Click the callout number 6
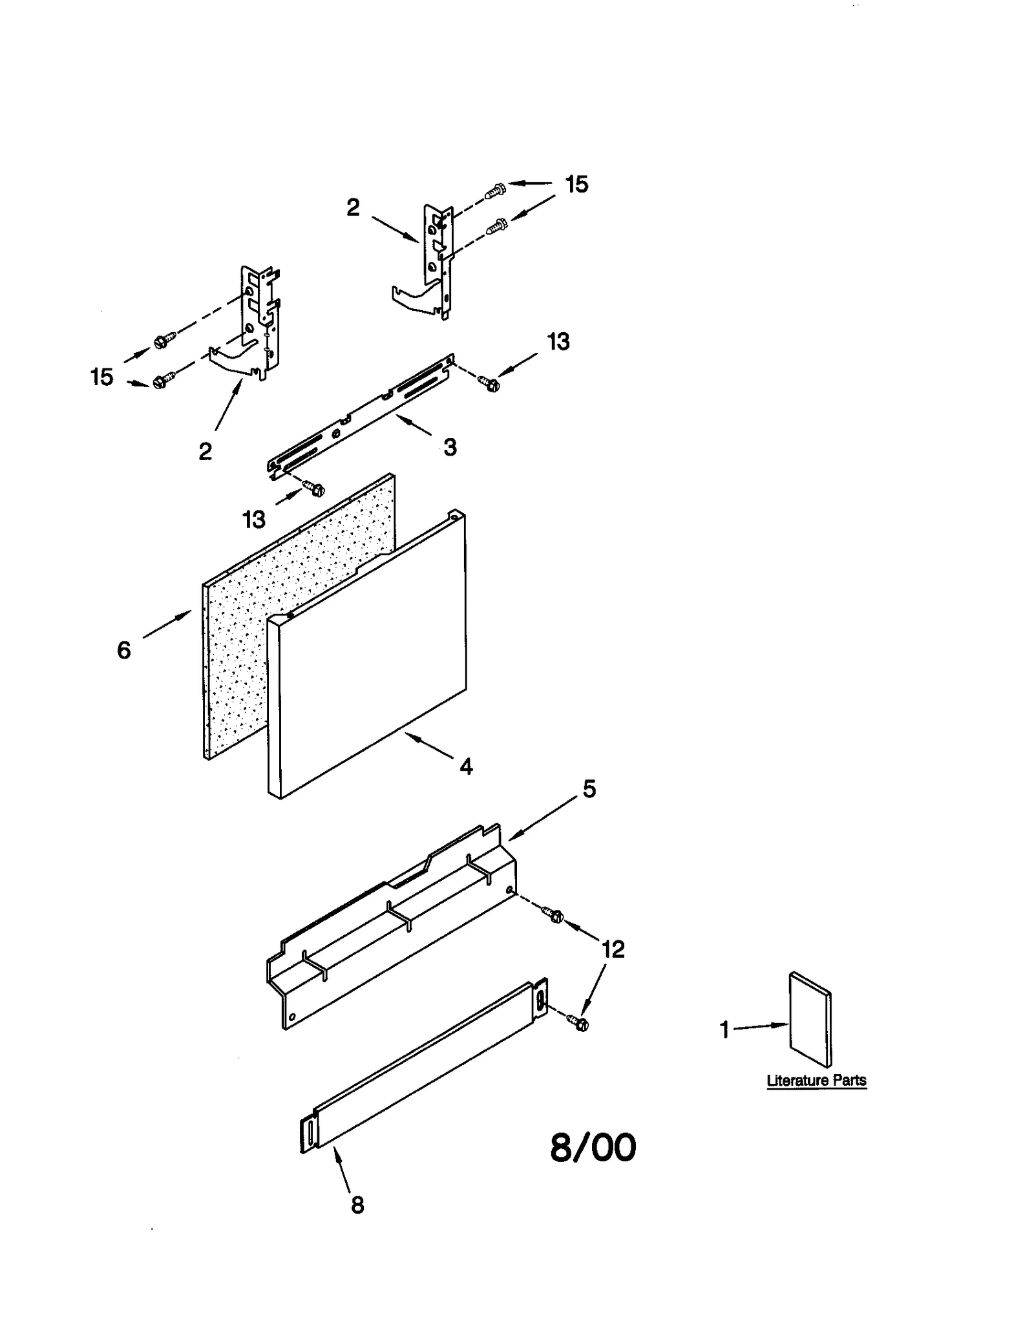click(x=124, y=650)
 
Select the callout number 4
click(x=466, y=767)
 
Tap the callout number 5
click(x=589, y=789)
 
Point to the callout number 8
click(x=357, y=1205)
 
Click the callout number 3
click(x=450, y=447)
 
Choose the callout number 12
click(x=613, y=949)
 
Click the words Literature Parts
click(x=816, y=1081)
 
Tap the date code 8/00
click(x=593, y=1148)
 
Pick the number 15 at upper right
click(x=576, y=185)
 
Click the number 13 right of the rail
click(x=558, y=342)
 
